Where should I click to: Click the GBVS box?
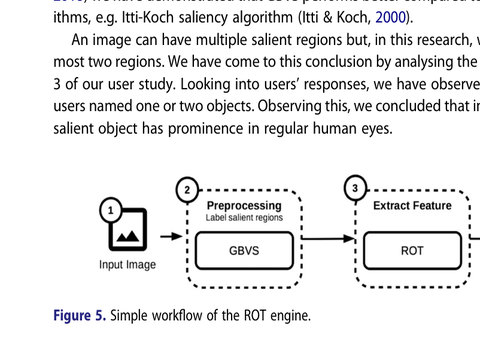click(x=244, y=250)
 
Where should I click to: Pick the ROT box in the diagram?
click(x=412, y=250)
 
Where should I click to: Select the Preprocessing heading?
click(x=244, y=206)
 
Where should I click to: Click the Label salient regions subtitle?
click(x=244, y=218)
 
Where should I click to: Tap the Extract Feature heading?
click(x=412, y=206)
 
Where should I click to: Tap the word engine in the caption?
click(x=290, y=316)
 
